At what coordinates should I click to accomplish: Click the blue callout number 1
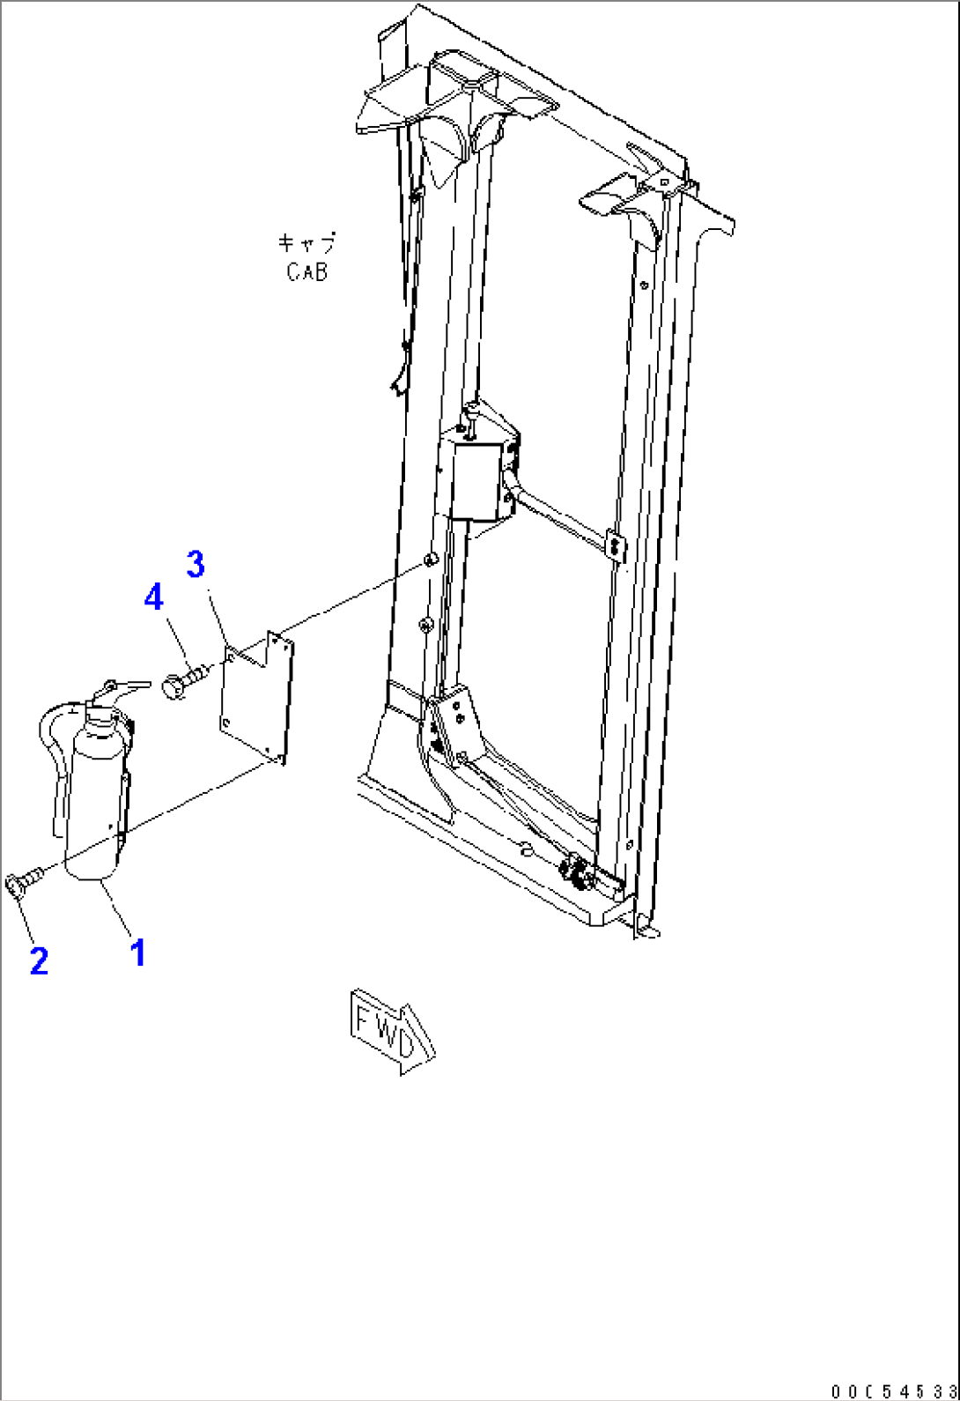point(137,953)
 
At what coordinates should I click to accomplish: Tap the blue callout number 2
point(39,960)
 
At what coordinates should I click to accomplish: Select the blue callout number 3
point(196,564)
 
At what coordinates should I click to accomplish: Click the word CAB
point(306,271)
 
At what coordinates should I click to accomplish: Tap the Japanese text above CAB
point(306,242)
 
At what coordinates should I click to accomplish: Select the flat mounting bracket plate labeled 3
point(257,698)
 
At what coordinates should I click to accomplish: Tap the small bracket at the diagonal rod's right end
point(616,545)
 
